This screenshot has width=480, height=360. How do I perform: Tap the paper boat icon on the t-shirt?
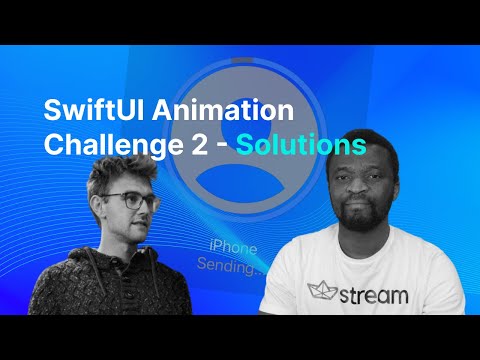click(320, 290)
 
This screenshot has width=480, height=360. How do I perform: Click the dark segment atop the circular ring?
click(241, 58)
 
